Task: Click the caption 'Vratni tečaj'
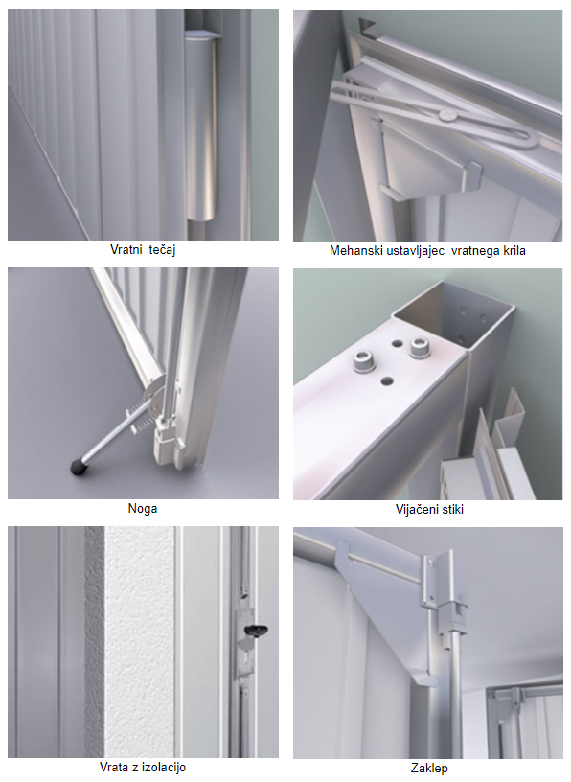(x=143, y=250)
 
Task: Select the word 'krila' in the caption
(x=514, y=250)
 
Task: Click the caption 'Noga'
(x=143, y=509)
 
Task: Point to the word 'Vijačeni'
(x=414, y=509)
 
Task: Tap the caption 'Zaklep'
(x=429, y=768)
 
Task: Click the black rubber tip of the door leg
(x=78, y=467)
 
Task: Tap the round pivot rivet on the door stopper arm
(x=447, y=116)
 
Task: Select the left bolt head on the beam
(x=362, y=360)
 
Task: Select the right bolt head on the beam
(x=420, y=348)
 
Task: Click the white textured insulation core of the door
(x=139, y=641)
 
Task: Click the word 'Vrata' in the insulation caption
(x=114, y=767)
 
